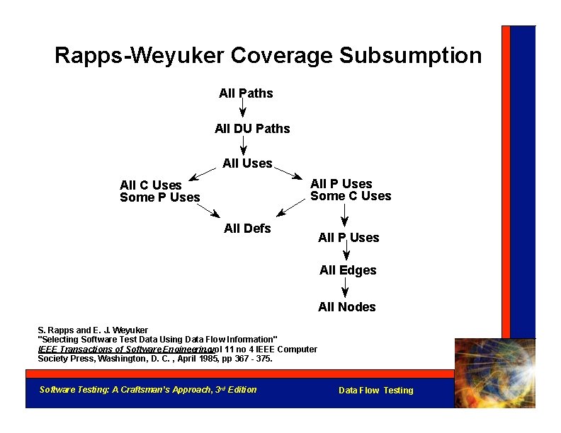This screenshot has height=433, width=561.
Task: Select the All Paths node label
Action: click(x=246, y=93)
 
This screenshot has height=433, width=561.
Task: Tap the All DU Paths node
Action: click(x=252, y=129)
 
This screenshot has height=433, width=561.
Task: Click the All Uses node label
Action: click(x=247, y=163)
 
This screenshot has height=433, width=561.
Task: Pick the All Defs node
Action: click(x=247, y=228)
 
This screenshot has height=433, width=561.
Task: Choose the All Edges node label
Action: click(x=348, y=270)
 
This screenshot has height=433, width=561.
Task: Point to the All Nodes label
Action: click(x=347, y=307)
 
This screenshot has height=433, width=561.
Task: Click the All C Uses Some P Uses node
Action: click(x=160, y=192)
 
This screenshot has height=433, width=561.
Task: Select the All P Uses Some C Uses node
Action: click(x=351, y=190)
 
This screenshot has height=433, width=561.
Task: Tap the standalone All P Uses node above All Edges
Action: click(x=348, y=238)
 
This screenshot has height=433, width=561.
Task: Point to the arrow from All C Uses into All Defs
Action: click(x=208, y=209)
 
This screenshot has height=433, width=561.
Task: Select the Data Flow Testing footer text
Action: click(x=375, y=391)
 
